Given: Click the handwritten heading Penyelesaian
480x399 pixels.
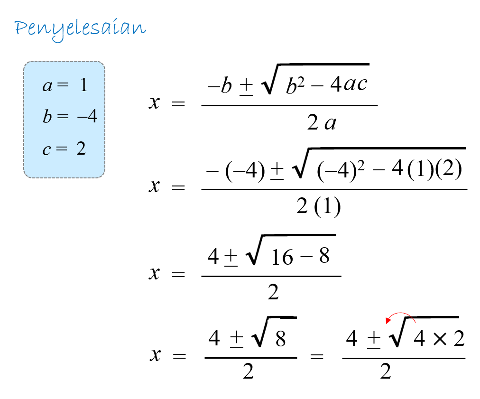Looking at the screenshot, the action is [80, 29].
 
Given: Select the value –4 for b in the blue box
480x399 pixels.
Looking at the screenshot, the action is [87, 116].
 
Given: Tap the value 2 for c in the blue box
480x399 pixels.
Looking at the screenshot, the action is [81, 148].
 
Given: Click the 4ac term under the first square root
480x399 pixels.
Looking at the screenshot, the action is [349, 84].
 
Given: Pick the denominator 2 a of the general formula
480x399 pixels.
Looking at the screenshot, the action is [322, 122].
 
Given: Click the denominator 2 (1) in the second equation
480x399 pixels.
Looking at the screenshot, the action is [318, 206].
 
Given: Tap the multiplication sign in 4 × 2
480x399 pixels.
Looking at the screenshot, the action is [440, 339].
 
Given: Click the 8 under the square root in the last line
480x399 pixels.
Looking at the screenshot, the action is [280, 339].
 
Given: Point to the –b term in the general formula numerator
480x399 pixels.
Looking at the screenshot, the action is [220, 85].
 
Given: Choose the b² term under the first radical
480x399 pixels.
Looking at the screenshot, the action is [295, 85].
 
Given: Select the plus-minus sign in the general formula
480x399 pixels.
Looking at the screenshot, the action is [246, 87].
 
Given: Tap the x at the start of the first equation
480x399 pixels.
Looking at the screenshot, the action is [154, 102].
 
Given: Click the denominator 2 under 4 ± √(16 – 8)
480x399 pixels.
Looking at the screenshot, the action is [273, 292].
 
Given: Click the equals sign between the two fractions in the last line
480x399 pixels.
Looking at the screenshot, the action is [317, 356].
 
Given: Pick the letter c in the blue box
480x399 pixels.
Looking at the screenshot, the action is [46, 150].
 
